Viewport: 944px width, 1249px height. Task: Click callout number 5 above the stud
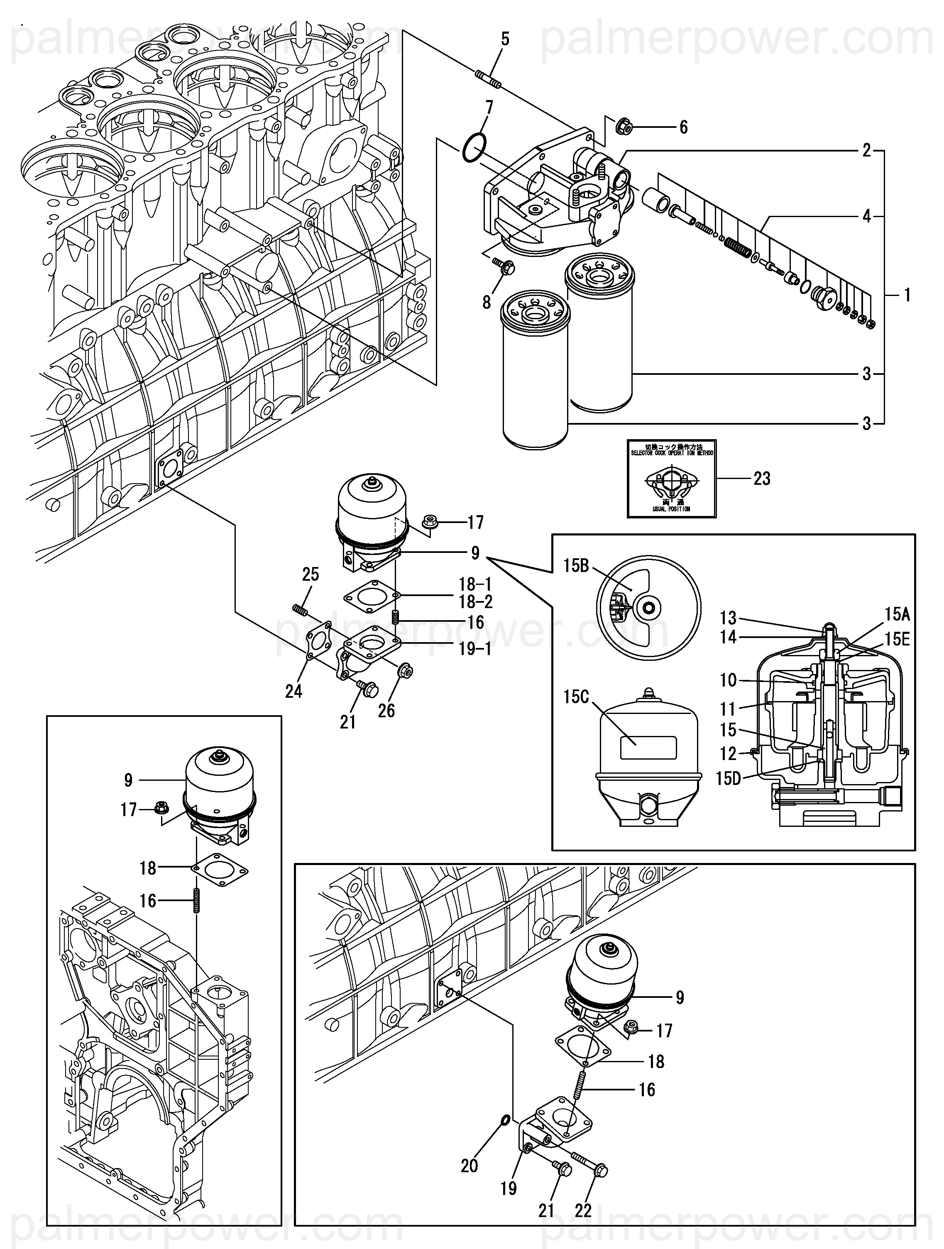505,39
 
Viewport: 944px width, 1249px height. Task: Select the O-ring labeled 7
473,148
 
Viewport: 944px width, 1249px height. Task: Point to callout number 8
487,303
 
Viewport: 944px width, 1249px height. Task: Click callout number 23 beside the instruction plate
762,479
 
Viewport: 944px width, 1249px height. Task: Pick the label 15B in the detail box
576,566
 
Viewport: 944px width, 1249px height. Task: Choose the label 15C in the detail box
576,697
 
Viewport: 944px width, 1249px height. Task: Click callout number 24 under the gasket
293,691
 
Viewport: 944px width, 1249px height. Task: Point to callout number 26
386,711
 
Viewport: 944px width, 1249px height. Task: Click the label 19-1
475,649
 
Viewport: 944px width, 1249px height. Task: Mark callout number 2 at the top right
867,151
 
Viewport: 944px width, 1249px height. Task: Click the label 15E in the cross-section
897,639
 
